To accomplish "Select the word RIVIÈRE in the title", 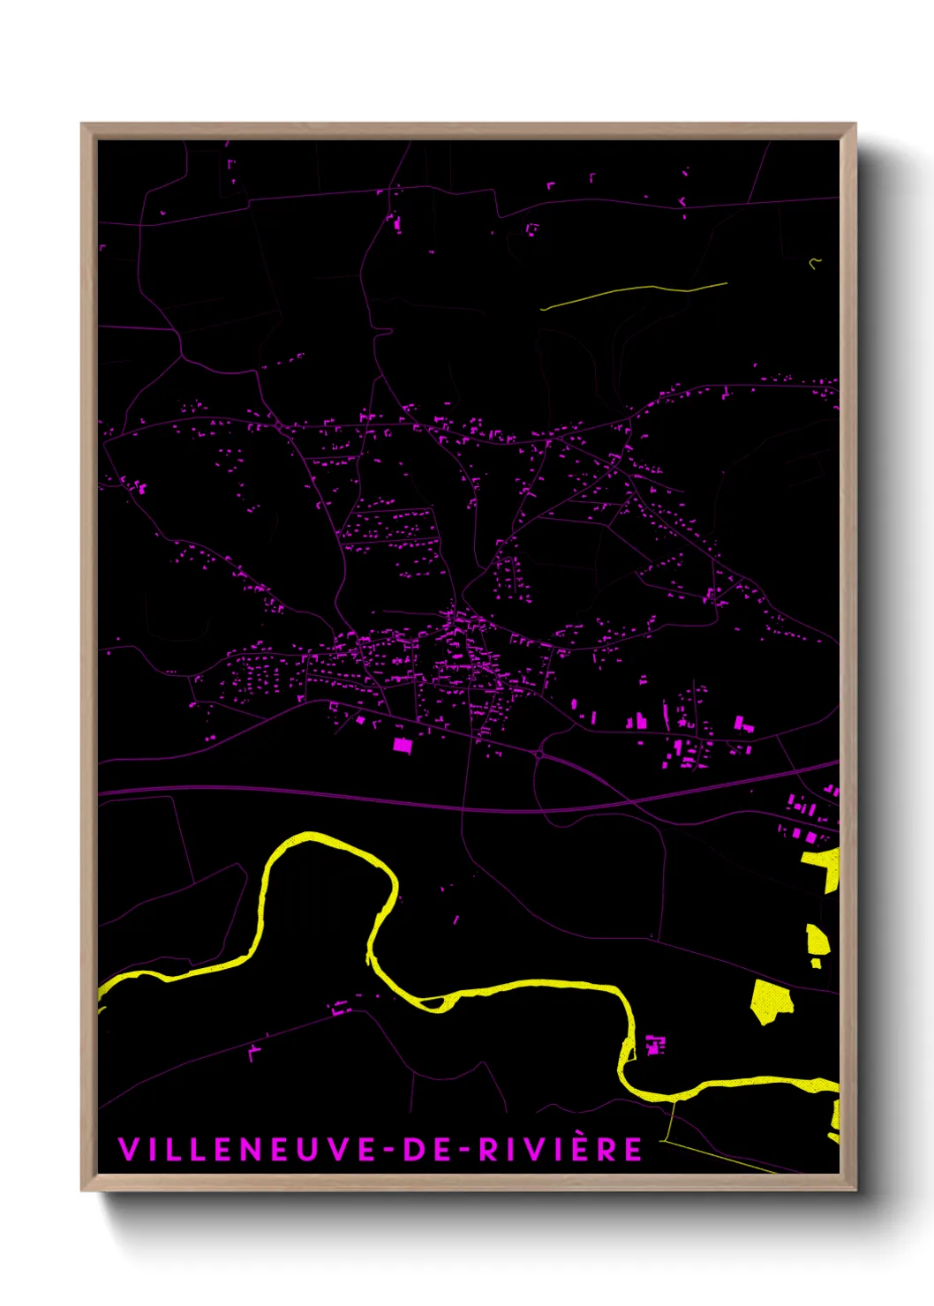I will [x=561, y=1150].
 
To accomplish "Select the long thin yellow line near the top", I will [x=634, y=292].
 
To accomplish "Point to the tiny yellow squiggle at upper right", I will [x=815, y=261].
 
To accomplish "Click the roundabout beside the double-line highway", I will [x=539, y=755].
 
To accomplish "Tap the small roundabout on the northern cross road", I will [x=279, y=426].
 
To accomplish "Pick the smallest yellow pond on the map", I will [x=816, y=963].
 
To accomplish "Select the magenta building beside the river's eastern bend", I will [x=654, y=1045].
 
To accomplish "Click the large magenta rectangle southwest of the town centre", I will [x=402, y=745].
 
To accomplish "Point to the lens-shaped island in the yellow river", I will [x=433, y=1002].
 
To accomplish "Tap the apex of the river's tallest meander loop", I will [x=309, y=836].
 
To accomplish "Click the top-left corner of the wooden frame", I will [x=83, y=125].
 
